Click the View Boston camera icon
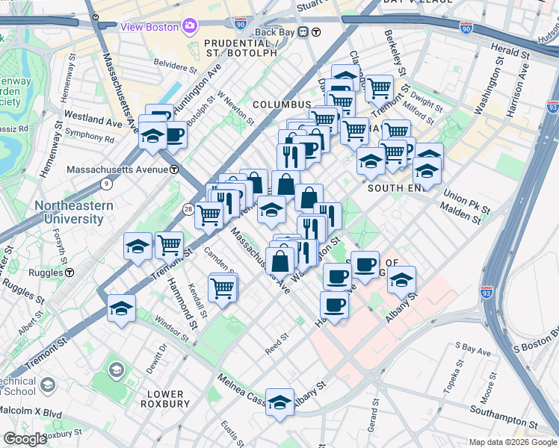point(189,27)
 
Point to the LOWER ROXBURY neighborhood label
point(166,399)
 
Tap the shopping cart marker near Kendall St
point(222,287)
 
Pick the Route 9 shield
point(107,183)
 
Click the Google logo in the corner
point(25,439)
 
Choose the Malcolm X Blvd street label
point(31,411)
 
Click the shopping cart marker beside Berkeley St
point(379,89)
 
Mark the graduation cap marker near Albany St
point(401,281)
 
